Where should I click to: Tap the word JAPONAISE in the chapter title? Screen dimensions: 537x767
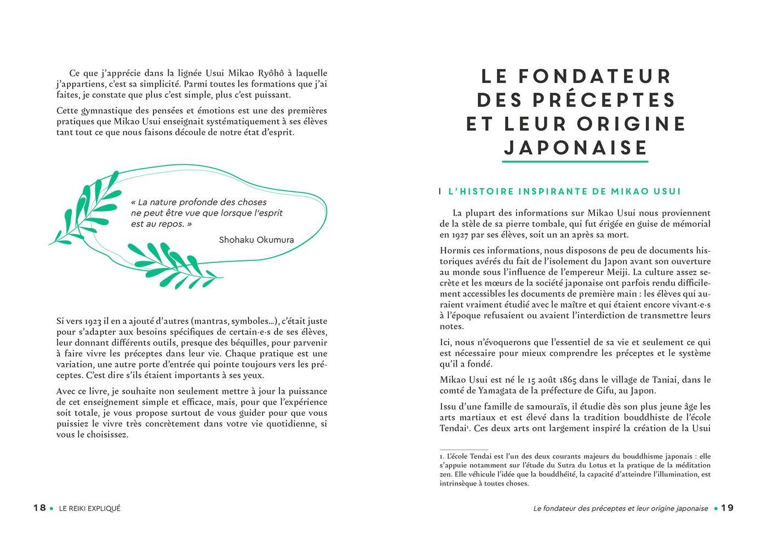coord(575,148)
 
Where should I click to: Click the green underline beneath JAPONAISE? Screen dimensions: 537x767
coord(575,161)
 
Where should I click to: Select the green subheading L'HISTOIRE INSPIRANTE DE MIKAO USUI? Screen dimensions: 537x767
coord(564,192)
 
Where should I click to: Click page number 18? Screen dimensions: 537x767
coord(39,508)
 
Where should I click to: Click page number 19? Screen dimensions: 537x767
coord(726,508)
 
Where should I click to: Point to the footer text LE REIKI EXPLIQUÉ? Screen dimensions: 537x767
coord(90,508)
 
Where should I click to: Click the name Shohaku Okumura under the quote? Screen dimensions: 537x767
coord(256,239)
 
